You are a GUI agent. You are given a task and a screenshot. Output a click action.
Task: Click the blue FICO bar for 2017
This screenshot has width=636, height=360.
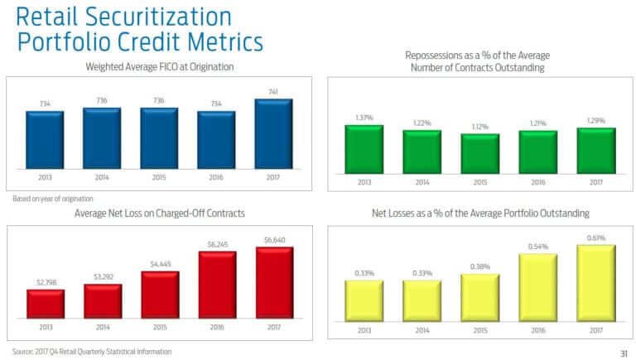[274, 133]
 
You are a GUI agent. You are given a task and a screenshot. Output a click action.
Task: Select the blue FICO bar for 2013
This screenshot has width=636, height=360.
[45, 139]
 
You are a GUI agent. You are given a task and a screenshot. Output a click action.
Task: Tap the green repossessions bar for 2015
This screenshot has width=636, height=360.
[480, 153]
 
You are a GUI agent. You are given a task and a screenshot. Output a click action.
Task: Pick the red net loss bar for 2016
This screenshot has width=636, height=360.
[217, 285]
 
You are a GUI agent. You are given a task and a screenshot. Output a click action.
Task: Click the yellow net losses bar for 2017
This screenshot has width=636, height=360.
[595, 281]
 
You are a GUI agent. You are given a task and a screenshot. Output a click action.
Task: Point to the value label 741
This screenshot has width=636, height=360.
[274, 91]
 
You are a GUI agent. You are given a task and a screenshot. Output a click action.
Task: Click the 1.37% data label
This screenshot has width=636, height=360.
[364, 118]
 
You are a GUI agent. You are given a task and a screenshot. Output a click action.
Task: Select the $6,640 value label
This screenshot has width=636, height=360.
[274, 239]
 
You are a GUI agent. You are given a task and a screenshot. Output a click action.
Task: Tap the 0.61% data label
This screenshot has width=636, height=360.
[595, 238]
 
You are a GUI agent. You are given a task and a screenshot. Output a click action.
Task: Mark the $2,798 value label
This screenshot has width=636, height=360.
[45, 282]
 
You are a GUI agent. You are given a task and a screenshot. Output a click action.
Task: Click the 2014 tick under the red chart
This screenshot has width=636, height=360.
[103, 327]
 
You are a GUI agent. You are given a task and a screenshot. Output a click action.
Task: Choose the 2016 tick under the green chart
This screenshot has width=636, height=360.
[537, 182]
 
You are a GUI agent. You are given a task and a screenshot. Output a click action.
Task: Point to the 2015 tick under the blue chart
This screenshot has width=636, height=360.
[160, 177]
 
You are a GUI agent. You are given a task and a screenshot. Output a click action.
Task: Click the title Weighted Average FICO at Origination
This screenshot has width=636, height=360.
[160, 66]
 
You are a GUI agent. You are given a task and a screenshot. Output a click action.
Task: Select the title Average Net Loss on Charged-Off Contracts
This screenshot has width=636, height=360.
[160, 214]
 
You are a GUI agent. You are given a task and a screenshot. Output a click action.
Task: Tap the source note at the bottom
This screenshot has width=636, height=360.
[92, 352]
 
